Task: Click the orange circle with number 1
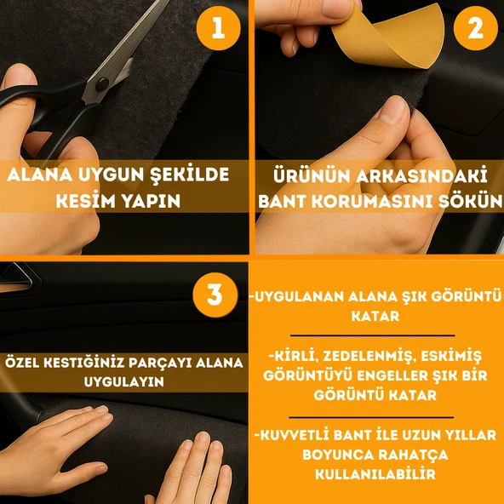coord(218,30)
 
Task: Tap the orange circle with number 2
coord(474,30)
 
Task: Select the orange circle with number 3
coord(215,295)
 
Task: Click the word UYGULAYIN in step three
coord(123,382)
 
